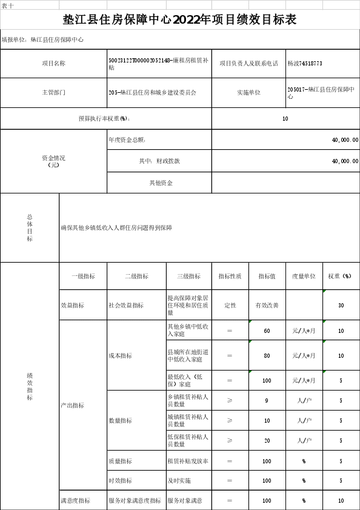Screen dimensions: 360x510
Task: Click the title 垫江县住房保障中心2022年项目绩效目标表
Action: tap(179, 20)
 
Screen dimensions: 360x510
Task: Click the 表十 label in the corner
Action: tap(8, 5)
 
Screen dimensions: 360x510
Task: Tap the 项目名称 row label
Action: tap(54, 64)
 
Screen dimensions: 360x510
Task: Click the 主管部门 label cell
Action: tap(54, 92)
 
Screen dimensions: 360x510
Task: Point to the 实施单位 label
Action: tap(248, 92)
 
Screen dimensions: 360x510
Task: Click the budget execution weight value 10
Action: tap(285, 119)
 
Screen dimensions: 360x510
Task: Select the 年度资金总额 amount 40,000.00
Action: tap(345, 140)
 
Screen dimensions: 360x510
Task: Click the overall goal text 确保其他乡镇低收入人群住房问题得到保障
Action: tap(116, 227)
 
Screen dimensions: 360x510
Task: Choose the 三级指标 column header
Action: tap(189, 276)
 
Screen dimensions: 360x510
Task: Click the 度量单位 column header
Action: tap(304, 276)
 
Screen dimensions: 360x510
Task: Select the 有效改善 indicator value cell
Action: tap(267, 306)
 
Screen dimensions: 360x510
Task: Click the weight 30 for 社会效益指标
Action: tap(341, 306)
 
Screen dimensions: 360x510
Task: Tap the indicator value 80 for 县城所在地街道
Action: tap(267, 355)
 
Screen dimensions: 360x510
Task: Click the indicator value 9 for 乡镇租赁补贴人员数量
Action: tap(267, 401)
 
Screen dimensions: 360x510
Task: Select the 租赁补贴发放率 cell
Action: tap(188, 461)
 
